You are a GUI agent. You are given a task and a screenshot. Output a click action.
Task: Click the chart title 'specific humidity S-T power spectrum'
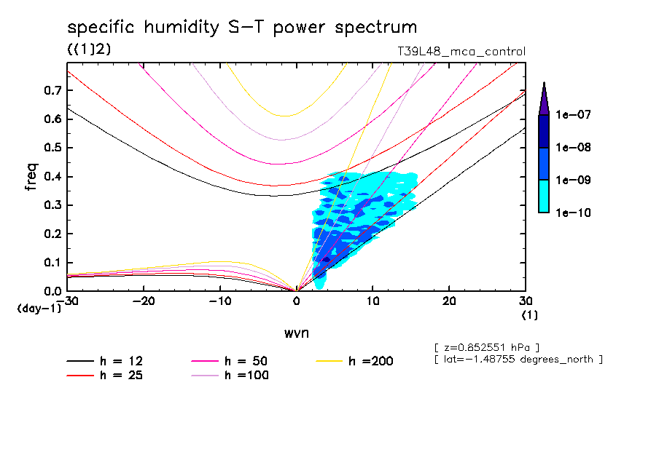(x=242, y=28)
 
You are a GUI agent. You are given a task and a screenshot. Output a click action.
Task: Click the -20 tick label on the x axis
(x=144, y=301)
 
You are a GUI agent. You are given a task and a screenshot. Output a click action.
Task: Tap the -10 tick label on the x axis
(x=220, y=301)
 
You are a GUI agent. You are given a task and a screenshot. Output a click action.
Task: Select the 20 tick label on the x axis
(x=449, y=301)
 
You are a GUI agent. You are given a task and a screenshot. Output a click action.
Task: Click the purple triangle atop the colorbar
(x=544, y=98)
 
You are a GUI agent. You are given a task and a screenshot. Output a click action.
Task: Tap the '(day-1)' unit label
(x=39, y=309)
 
